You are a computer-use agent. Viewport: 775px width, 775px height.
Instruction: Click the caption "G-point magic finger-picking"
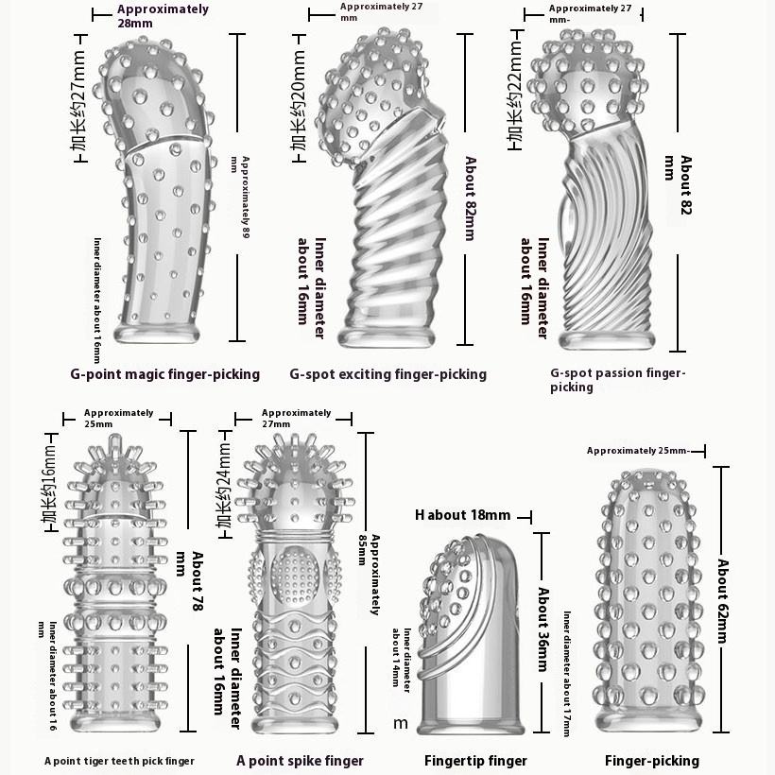(x=164, y=374)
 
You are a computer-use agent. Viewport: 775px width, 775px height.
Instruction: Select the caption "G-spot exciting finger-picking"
(x=387, y=374)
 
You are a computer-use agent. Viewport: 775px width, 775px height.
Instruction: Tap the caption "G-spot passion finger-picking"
(x=618, y=380)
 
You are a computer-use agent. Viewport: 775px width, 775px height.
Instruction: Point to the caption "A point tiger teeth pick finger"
(x=119, y=761)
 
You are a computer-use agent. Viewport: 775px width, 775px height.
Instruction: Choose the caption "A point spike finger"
(x=300, y=761)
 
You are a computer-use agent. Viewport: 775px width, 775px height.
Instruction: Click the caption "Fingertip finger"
(x=475, y=761)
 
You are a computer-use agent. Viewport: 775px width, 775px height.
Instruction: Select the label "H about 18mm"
(x=462, y=515)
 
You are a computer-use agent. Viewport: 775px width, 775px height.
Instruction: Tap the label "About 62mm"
(x=723, y=601)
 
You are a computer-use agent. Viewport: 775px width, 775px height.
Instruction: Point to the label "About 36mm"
(x=543, y=629)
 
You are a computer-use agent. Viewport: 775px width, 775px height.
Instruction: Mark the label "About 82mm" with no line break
(x=470, y=198)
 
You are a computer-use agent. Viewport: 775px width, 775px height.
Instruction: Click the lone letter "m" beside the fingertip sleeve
(x=401, y=724)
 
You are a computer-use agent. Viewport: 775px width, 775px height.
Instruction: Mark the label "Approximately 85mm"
(x=375, y=574)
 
